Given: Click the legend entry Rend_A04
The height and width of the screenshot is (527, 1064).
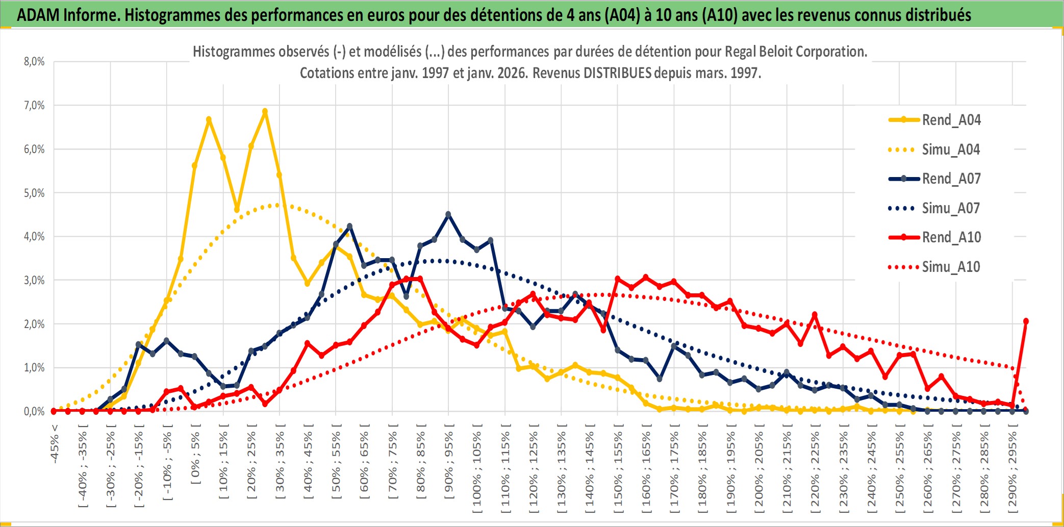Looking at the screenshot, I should click(951, 120).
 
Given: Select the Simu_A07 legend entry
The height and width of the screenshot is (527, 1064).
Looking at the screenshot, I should click(951, 208).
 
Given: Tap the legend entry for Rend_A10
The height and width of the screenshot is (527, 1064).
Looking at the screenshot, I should click(951, 237).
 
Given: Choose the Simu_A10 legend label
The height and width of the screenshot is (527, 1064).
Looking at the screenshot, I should click(951, 267).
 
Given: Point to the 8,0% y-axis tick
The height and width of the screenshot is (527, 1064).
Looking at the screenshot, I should click(34, 62).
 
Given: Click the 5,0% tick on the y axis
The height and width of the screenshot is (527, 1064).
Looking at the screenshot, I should click(34, 193).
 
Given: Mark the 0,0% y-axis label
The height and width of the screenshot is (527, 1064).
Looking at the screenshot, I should click(34, 411).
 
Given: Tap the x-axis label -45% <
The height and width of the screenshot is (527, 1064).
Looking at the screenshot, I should click(55, 443).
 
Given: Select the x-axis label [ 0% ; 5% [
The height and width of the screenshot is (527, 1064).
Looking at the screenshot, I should click(195, 458).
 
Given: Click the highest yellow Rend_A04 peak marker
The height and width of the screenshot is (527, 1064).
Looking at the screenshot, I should click(265, 111).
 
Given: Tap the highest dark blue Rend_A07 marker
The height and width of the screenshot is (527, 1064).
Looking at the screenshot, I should click(448, 215).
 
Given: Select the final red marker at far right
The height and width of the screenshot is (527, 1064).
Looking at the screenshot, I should click(1026, 321).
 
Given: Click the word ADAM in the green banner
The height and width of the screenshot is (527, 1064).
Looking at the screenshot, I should click(38, 15).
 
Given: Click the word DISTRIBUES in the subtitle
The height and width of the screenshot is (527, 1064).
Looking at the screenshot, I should click(617, 73).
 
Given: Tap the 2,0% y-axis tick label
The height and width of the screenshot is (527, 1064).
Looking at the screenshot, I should click(34, 324).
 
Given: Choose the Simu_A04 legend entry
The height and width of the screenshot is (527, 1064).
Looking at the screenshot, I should click(951, 149).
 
